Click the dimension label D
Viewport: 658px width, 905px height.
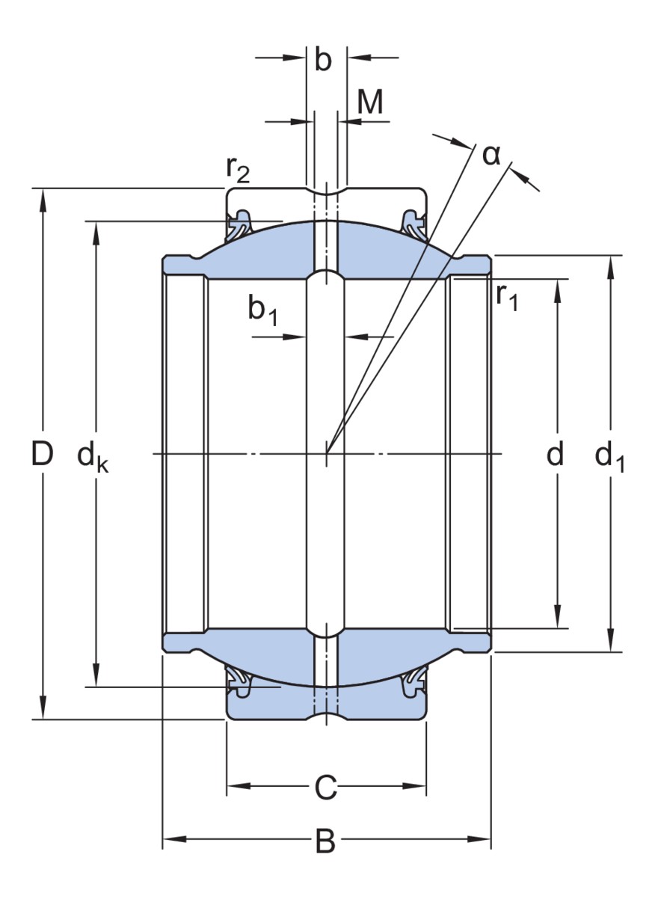coord(43,454)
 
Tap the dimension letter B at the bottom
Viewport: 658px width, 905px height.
coord(325,841)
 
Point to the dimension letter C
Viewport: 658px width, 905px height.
coord(325,788)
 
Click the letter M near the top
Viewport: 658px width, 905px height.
coord(370,103)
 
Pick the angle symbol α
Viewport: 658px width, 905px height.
coord(491,155)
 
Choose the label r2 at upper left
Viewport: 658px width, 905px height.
coord(239,171)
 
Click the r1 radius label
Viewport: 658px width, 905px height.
coord(506,298)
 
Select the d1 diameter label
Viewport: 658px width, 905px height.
coord(609,456)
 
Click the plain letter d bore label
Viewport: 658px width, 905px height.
coord(554,454)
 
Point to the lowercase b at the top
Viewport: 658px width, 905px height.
coord(323,61)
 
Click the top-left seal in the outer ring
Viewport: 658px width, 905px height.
coord(241,221)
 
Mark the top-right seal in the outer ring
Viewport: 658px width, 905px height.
coord(413,221)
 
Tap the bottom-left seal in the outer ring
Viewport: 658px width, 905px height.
coord(241,682)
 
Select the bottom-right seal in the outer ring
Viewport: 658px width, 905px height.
coord(413,682)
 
